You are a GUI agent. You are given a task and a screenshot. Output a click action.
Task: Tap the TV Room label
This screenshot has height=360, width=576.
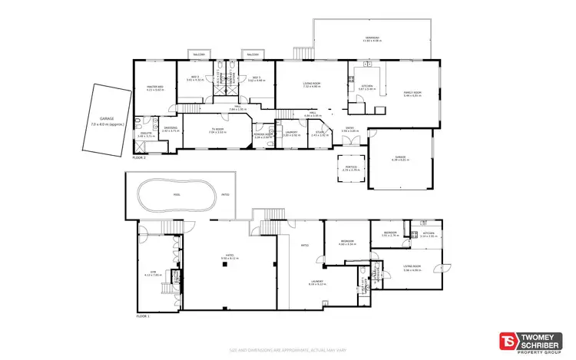[x=218, y=130]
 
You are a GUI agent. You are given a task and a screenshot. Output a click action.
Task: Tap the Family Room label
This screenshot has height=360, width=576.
[x=413, y=94]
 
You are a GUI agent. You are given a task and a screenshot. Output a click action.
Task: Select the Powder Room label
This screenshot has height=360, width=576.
[x=264, y=135]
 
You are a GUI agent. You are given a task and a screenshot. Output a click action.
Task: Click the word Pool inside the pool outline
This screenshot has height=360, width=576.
[x=176, y=195]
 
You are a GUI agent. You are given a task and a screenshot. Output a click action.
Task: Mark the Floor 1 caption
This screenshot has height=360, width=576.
[x=143, y=316]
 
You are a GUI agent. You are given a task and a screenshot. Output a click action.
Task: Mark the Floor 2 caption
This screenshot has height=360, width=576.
[x=139, y=157]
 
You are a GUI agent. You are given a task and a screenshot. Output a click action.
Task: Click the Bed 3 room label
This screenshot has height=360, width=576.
[x=254, y=78]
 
